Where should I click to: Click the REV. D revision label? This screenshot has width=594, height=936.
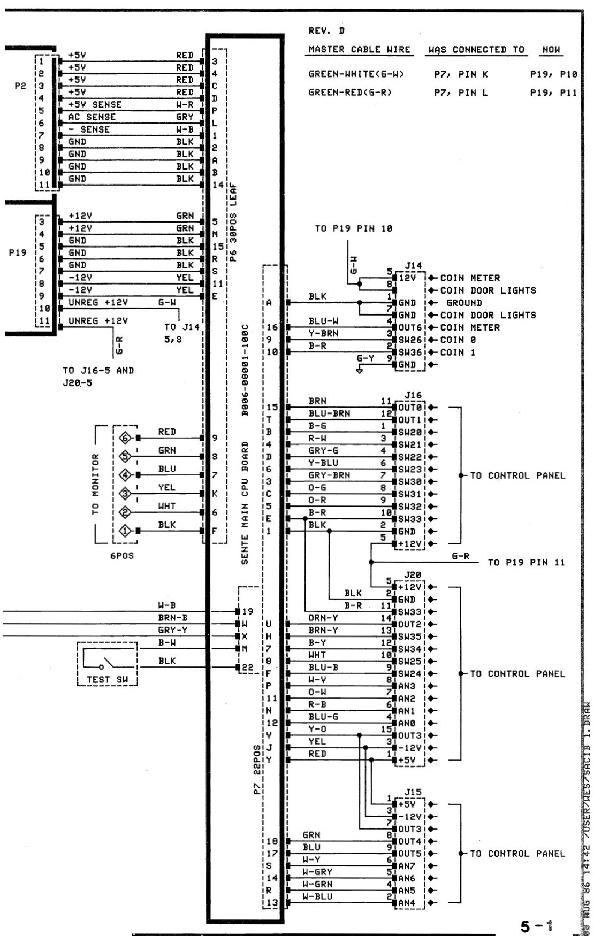326,30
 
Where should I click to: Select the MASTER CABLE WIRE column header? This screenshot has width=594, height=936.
359,50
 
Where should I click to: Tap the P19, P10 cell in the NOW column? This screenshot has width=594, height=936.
553,74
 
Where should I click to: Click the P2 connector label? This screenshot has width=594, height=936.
20,86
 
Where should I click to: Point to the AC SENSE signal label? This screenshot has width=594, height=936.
92,117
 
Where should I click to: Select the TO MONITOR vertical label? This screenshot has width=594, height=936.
96,484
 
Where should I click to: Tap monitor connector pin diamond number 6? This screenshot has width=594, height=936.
125,438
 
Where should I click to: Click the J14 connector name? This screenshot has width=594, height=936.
413,265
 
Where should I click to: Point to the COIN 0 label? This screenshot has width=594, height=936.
458,340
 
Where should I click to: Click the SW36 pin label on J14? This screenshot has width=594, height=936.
410,352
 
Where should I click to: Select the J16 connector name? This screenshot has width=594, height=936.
413,395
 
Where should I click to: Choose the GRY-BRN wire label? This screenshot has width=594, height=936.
329,475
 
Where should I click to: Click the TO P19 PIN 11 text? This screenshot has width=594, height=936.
526,562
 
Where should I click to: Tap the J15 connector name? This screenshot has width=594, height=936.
413,792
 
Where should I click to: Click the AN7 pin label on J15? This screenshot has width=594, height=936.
406,866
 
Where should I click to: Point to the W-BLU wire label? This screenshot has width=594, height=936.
317,896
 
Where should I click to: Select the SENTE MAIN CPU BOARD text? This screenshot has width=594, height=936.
245,503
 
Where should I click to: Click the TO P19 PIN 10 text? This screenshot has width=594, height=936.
353,228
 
